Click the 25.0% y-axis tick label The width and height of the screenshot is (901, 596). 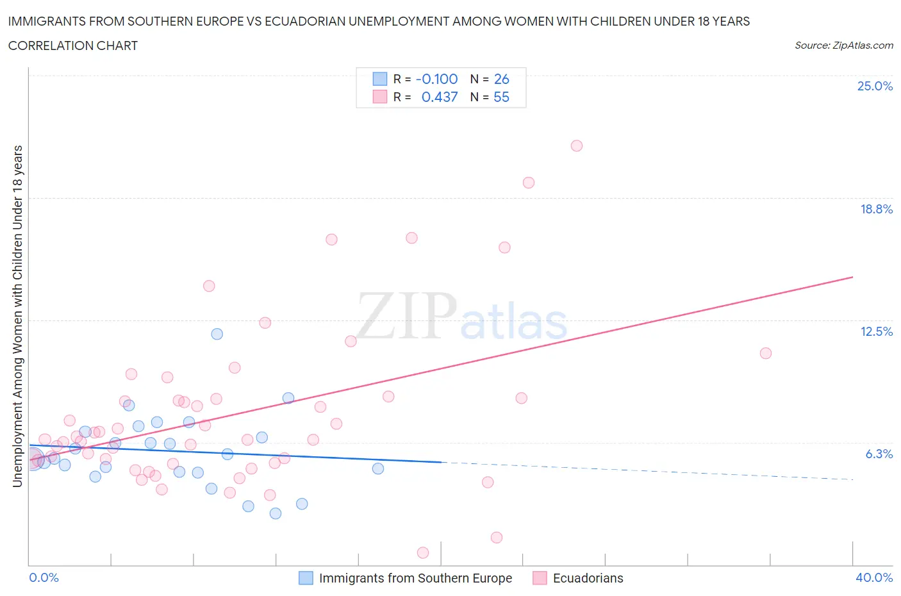tap(875, 86)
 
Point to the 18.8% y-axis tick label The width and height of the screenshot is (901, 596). tap(876, 209)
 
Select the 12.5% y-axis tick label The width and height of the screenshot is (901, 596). tap(876, 331)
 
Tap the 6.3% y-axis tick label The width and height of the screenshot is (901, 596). tap(879, 454)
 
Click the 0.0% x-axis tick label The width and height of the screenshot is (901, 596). tap(44, 577)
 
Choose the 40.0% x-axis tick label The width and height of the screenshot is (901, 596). tap(874, 577)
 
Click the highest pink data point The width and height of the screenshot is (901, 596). tap(577, 145)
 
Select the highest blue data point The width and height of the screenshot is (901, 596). tap(217, 334)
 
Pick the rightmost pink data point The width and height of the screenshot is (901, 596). tap(765, 353)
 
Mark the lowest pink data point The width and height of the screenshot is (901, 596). tap(423, 552)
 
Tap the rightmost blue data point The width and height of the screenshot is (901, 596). tap(378, 468)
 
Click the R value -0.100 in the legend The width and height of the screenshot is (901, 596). tap(436, 79)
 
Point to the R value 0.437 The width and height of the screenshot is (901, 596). tap(440, 97)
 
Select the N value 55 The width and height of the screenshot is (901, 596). tap(501, 97)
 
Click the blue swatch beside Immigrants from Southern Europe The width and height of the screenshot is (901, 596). tap(306, 578)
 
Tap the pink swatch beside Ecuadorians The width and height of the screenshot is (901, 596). tap(540, 578)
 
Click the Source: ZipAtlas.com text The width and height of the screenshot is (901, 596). tap(843, 45)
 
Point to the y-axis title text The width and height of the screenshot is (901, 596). tap(17, 316)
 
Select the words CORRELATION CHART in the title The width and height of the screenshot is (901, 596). tap(73, 46)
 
